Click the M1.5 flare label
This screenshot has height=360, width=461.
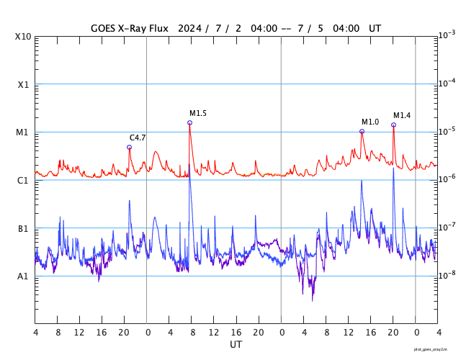(198, 113)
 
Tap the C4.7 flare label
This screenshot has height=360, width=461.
(138, 138)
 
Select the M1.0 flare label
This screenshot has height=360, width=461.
(370, 122)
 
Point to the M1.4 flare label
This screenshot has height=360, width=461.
(402, 115)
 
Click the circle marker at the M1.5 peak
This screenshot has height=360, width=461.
(189, 122)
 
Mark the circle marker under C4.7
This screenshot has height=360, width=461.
(129, 147)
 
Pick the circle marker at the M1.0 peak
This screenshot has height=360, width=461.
(362, 131)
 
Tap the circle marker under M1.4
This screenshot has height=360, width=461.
(393, 125)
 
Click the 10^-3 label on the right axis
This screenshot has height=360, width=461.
(447, 35)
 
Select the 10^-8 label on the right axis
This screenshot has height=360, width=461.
(447, 275)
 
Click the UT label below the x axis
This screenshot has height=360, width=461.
(236, 345)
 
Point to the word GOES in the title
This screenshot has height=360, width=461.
(104, 29)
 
